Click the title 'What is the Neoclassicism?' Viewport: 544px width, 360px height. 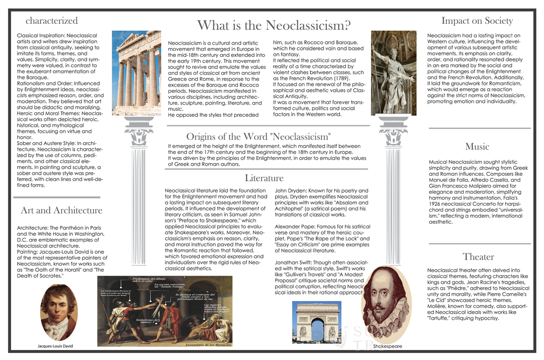coord(274,25)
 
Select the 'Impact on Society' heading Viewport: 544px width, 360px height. coord(477,21)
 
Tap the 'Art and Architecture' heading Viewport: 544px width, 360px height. coord(62,210)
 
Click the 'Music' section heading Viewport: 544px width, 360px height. coord(477,146)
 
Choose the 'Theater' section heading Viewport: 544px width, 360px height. coord(478,257)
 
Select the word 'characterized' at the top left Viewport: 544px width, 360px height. coord(52,21)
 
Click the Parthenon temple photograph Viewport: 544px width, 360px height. coord(136,73)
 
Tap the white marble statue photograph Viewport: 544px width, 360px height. coord(394,73)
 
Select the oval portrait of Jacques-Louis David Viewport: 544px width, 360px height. coord(58,312)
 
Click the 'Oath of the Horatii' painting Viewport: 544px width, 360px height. coord(165,309)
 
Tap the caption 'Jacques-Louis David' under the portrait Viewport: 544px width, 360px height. coord(55,346)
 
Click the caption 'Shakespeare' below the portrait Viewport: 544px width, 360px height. coord(387,346)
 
